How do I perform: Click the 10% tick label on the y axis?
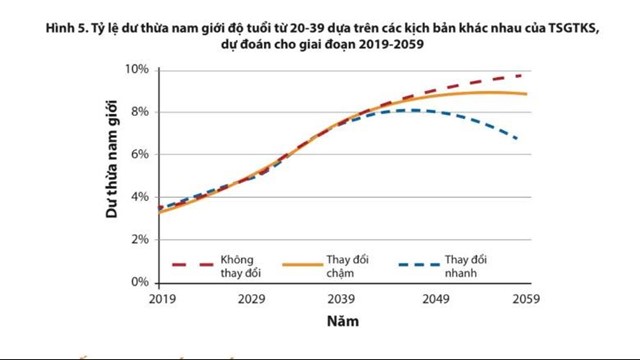pyautogui.click(x=138, y=69)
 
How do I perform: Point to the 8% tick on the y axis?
pyautogui.click(x=141, y=112)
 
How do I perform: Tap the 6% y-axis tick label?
pyautogui.click(x=141, y=155)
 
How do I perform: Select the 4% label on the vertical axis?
pyautogui.click(x=141, y=197)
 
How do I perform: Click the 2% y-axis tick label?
pyautogui.click(x=141, y=240)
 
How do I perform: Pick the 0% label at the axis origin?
pyautogui.click(x=141, y=283)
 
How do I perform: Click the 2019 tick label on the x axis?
pyautogui.click(x=159, y=299)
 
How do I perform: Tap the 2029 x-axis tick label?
pyautogui.click(x=251, y=299)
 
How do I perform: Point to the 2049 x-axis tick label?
pyautogui.click(x=434, y=299)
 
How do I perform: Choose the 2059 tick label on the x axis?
pyautogui.click(x=525, y=299)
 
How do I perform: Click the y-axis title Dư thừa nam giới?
pyautogui.click(x=113, y=176)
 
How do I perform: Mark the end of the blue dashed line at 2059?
pyautogui.click(x=517, y=138)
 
